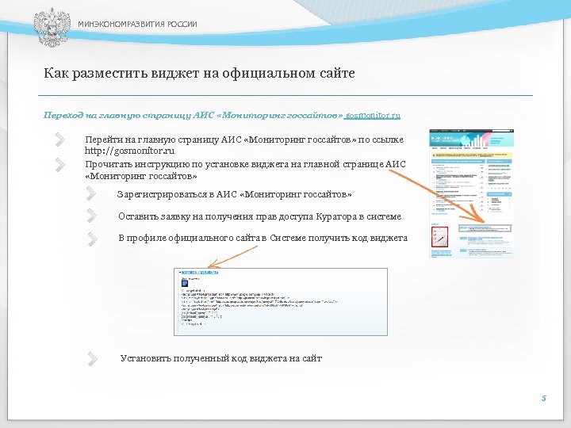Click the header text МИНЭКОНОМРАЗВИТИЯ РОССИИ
[x=137, y=25]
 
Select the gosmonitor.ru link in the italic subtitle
[x=373, y=116]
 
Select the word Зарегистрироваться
[x=161, y=194]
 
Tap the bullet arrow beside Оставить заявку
[x=94, y=215]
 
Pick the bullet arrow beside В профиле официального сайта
[x=94, y=238]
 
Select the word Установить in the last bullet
[x=144, y=358]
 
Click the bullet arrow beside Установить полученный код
[x=94, y=358]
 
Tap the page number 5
[x=543, y=399]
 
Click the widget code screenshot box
[x=281, y=302]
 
